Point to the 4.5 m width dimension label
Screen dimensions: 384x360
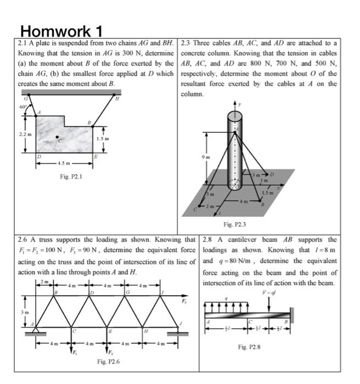click(x=64, y=163)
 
